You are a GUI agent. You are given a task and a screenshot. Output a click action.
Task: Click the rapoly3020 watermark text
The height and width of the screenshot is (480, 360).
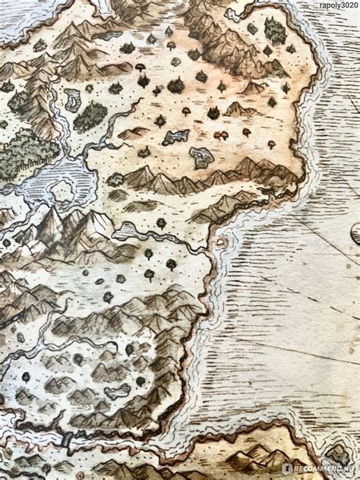(331, 6)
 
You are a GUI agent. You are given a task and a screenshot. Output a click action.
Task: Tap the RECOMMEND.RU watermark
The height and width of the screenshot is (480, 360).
(319, 469)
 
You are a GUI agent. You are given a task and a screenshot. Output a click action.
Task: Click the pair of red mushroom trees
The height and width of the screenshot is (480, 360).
(222, 135)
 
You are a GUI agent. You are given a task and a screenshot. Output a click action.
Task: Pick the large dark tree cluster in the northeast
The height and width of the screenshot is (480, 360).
(275, 32)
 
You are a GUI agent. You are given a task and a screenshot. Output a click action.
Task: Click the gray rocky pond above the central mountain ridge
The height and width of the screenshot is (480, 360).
(201, 156)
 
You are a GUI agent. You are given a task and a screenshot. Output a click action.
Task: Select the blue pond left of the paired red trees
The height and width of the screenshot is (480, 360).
(176, 137)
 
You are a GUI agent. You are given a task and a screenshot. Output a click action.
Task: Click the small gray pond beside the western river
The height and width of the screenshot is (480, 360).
(72, 99)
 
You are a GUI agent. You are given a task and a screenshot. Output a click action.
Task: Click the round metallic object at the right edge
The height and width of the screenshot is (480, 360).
(355, 232)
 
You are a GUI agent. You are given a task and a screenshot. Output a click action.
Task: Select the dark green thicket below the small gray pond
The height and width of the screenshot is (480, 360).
(91, 116)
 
